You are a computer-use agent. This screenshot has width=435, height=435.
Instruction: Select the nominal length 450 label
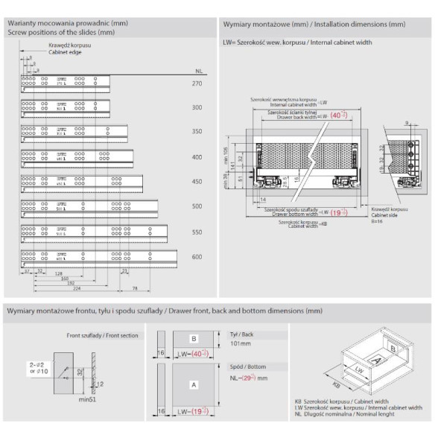coord(197,181)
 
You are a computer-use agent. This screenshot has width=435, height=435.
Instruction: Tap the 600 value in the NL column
coord(197,257)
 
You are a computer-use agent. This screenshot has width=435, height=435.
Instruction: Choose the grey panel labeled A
coord(193,385)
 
